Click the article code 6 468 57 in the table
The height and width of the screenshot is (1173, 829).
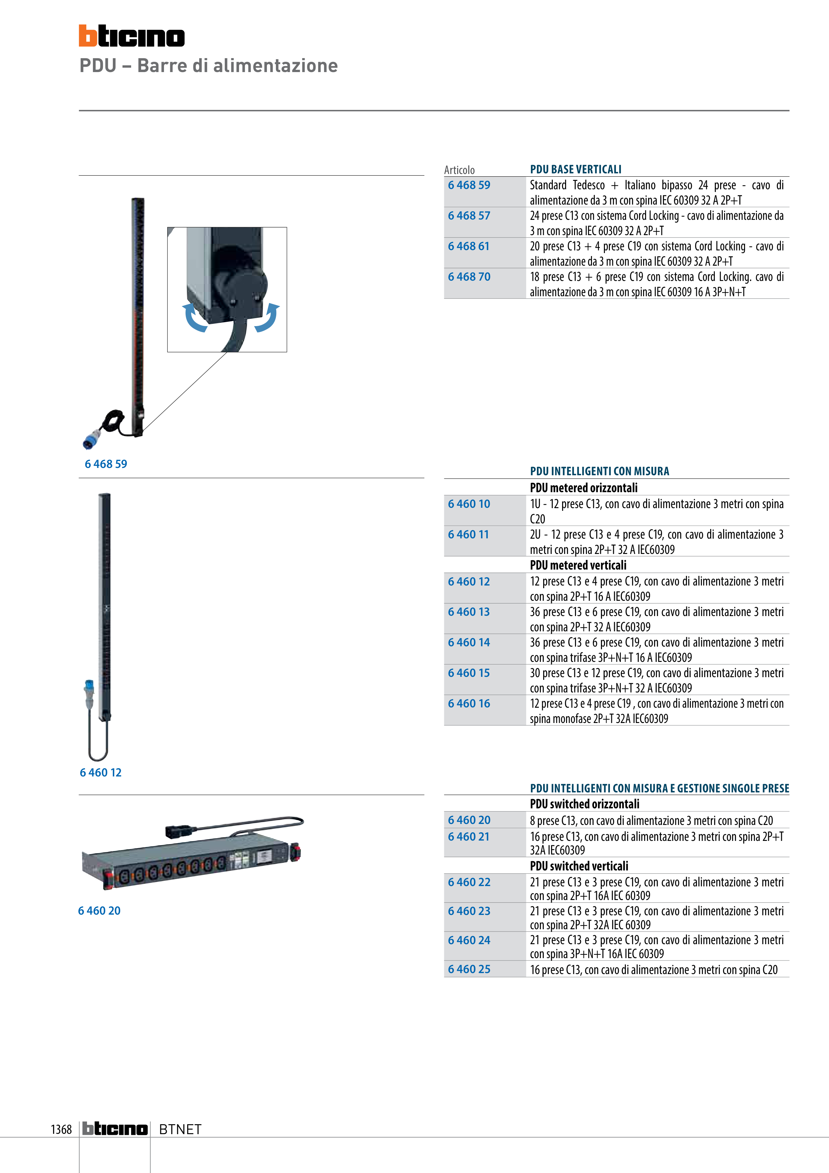pos(469,216)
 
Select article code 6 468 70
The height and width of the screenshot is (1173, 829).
pos(469,277)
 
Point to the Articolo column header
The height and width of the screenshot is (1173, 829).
pos(459,170)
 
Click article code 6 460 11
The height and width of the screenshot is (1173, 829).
pos(468,534)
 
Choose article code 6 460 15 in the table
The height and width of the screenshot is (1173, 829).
pos(468,673)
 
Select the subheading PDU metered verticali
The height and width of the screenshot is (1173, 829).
pos(578,565)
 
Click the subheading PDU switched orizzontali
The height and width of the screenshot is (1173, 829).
pos(584,804)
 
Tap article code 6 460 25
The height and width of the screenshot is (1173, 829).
pos(469,969)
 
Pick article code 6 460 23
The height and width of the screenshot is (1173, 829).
pos(469,911)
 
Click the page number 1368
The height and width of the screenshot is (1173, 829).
pos(61,1129)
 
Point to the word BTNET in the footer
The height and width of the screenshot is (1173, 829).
pos(180,1129)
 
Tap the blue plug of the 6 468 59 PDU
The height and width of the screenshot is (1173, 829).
pos(92,439)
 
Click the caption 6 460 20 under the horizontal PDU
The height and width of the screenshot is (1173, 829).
pos(99,910)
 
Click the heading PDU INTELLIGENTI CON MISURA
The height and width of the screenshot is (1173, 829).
pos(600,471)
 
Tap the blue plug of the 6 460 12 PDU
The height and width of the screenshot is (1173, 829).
pos(89,694)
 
